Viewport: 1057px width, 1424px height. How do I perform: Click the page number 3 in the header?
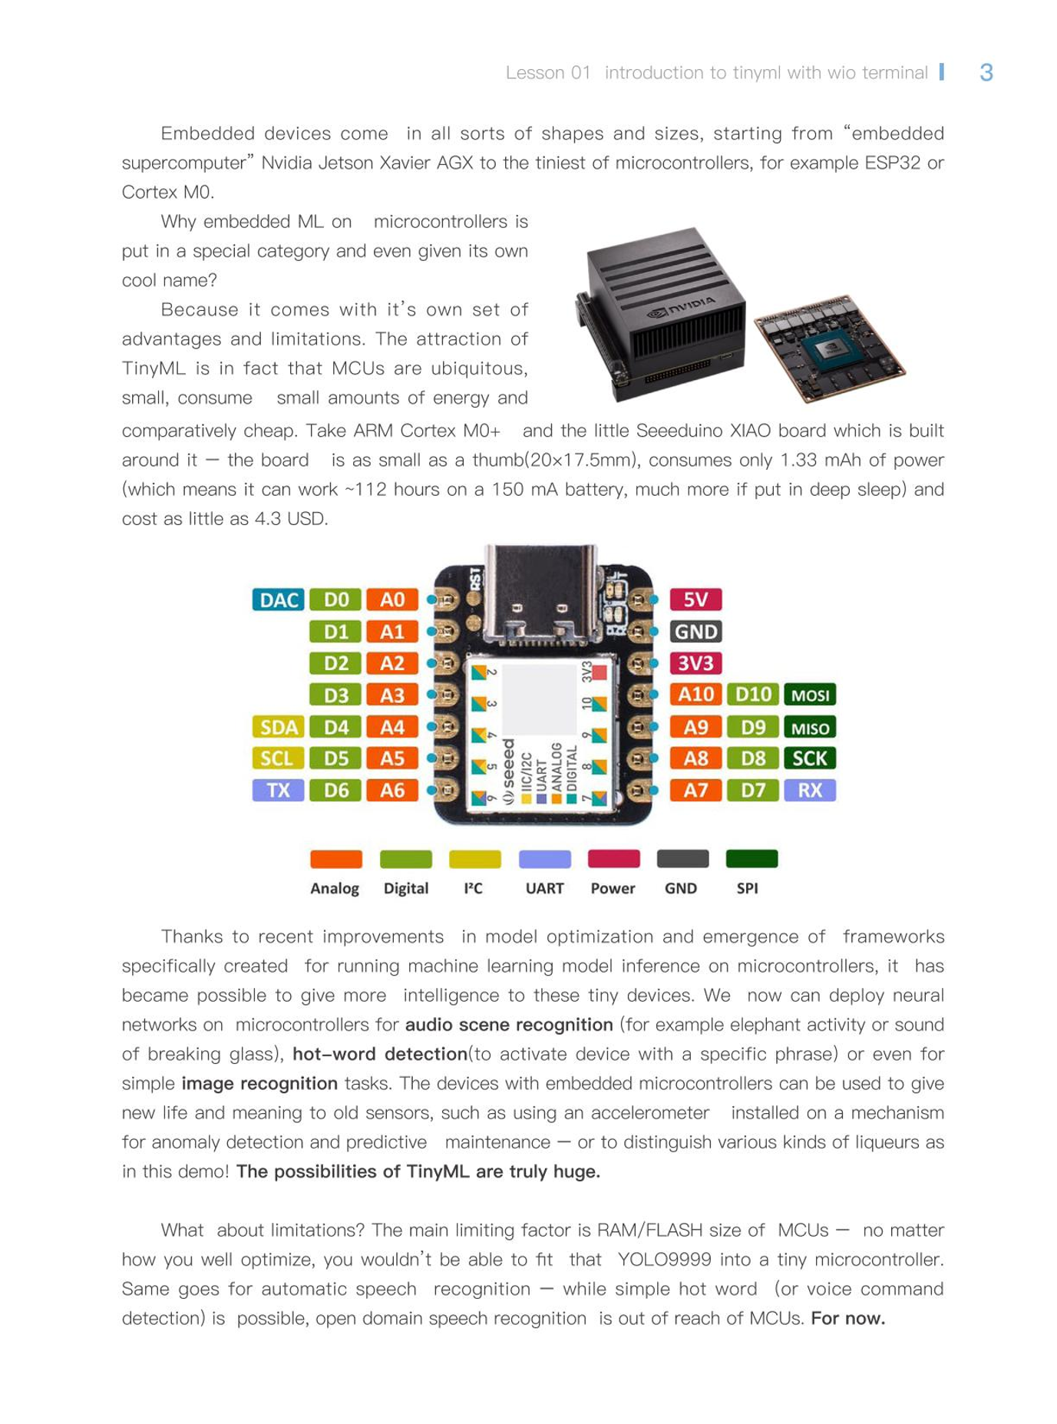point(986,73)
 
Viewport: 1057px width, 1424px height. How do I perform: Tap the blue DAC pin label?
point(278,600)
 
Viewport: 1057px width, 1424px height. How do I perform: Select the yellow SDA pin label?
point(278,727)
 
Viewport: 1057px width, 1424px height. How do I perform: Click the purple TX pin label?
point(278,790)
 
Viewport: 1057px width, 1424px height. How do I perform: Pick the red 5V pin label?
point(695,600)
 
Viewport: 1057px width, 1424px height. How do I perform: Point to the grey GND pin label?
point(695,632)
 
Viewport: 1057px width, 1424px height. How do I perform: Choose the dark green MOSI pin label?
point(810,695)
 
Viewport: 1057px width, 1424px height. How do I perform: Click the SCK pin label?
point(810,758)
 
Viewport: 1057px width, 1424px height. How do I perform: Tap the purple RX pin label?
point(810,790)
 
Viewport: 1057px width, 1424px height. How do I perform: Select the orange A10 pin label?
point(695,695)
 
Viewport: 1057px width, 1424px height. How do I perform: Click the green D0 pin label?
point(335,600)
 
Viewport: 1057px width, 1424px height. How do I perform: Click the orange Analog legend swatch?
point(335,859)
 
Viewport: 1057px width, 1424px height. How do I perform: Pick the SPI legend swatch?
point(751,859)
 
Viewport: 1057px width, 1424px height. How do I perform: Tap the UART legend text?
point(544,888)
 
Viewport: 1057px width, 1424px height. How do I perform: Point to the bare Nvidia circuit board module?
point(829,347)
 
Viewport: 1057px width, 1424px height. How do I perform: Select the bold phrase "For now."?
point(847,1319)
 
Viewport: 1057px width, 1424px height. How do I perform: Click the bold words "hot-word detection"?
point(380,1054)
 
